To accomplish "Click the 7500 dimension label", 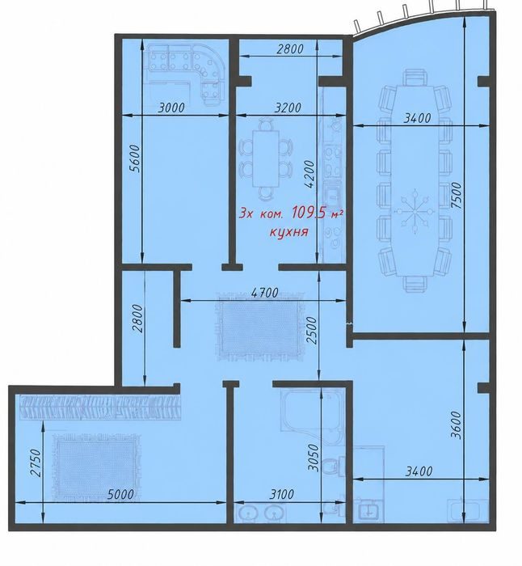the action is pos(456,195).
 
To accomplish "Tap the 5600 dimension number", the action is pos(134,158).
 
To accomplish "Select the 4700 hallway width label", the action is pos(265,293).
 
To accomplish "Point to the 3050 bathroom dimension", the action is pos(314,458).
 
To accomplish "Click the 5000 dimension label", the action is pos(120,494).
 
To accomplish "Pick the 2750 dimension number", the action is pos(36,463).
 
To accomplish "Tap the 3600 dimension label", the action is pos(456,424).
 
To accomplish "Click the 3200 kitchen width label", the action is pos(288,108).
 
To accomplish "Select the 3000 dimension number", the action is pos(171,108).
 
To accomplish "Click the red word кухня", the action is pos(289,231).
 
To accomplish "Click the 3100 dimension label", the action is pos(281,494).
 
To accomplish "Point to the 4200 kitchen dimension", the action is pos(309,175).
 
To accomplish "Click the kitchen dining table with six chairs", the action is pos(266,158).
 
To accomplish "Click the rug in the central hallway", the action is pos(260,327).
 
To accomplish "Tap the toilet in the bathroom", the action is pos(330,467).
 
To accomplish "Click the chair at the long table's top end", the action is pos(415,78).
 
